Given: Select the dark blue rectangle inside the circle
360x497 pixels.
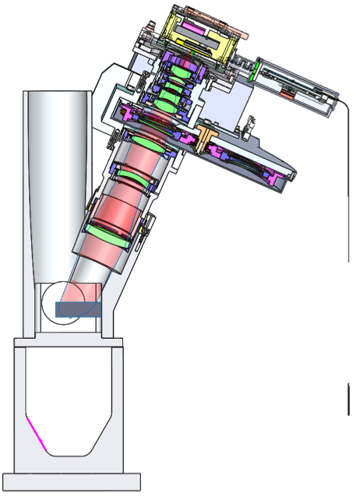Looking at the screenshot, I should tap(79, 309).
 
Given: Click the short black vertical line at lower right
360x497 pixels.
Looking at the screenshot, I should tap(348, 399).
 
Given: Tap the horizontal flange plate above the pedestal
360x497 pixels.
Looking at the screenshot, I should tap(69, 341).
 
